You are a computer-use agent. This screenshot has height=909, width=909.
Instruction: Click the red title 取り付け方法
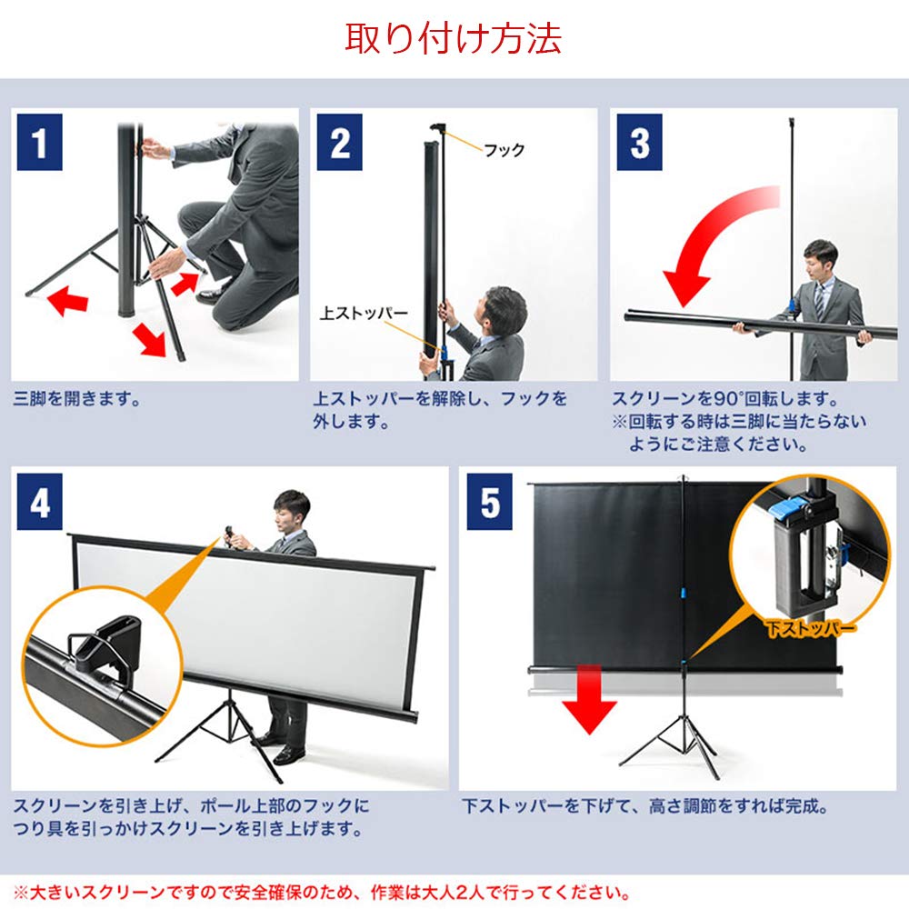coord(453,38)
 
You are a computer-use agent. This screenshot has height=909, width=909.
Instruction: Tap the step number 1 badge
coord(39,144)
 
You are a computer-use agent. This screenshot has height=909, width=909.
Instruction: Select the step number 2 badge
coord(339,144)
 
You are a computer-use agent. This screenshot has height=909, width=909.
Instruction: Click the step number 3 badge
coord(639,144)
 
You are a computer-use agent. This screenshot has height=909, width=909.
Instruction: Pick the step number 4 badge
coord(39,503)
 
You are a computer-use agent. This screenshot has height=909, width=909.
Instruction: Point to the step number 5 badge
coord(490,503)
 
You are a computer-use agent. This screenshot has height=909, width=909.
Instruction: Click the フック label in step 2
coord(504,150)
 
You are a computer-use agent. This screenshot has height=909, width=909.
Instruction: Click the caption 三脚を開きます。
coord(77,398)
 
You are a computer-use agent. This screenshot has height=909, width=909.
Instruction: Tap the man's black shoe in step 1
coord(215,293)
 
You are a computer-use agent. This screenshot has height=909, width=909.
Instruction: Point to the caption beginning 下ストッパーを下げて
coord(645,806)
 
